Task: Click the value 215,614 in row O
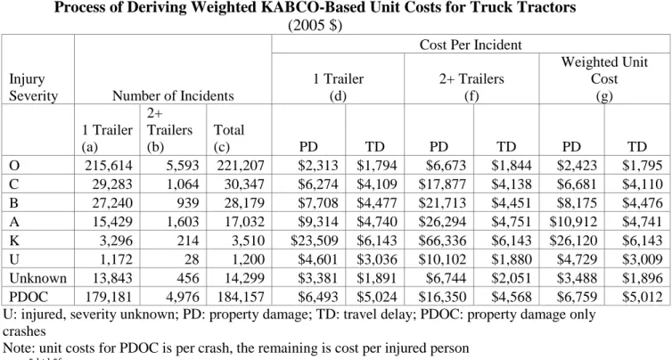pos(109,166)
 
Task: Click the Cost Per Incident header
pos(471,45)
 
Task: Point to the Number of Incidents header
pos(173,95)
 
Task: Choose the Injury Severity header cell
pos(33,87)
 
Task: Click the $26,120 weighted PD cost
pos(573,241)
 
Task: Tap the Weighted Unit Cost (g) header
pos(604,78)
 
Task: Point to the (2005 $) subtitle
pos(315,26)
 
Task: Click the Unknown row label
pos(37,278)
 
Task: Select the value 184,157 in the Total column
pos(241,297)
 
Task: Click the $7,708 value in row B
pos(318,202)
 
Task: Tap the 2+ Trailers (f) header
pos(471,87)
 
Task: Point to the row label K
pos(14,241)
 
